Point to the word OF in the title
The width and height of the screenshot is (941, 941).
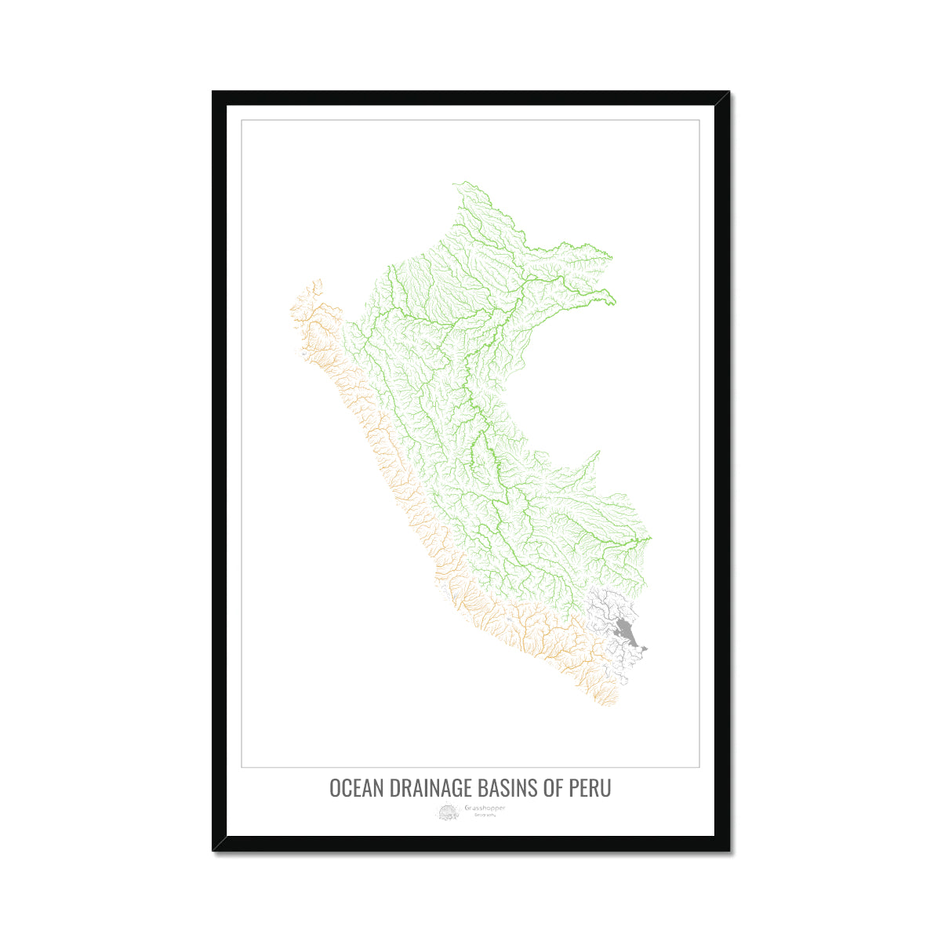coord(555,788)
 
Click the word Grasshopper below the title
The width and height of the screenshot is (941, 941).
coord(485,808)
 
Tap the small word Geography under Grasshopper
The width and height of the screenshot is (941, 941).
coord(485,816)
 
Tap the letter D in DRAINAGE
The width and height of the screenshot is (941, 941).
coord(391,788)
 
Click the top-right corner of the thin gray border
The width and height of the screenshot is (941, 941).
coord(699,120)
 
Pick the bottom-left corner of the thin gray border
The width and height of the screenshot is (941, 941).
coord(242,766)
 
